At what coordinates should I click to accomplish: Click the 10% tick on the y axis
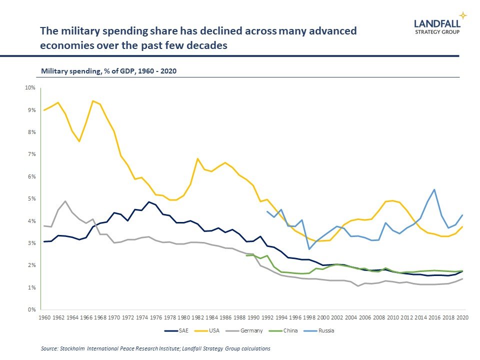tap(30, 88)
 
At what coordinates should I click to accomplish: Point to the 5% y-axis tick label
tap(31, 199)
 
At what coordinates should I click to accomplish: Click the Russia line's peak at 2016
tap(434, 189)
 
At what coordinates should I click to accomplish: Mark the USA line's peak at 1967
tap(93, 101)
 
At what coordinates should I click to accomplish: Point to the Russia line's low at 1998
tap(309, 249)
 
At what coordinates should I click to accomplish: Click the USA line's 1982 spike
tap(198, 158)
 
